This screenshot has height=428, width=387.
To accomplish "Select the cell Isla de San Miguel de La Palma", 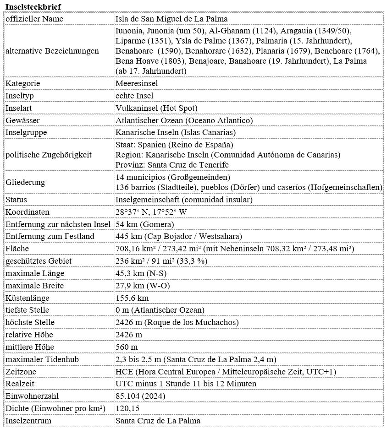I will coord(171,19).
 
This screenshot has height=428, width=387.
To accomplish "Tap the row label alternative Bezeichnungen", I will coord(52,51).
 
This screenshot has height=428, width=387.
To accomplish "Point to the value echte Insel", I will coord(134,96).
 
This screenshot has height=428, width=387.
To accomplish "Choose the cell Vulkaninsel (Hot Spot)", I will coord(156,108).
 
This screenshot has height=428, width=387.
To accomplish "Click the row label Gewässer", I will coord(23,120).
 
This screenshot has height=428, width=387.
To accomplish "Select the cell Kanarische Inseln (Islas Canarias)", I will coord(176,133).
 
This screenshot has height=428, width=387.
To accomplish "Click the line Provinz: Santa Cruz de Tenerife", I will coord(172,165).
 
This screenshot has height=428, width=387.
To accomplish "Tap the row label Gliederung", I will coord(25,182).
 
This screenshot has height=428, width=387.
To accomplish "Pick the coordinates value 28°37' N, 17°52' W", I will coord(151,212).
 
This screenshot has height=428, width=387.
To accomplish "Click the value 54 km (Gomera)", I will coord(144,224).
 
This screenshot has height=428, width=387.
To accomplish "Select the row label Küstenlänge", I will coord(27,298).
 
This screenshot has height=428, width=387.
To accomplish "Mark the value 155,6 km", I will coord(132,298).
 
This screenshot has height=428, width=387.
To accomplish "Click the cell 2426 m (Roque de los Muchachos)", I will coord(177,322).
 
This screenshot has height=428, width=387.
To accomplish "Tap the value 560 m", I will coord(127,347).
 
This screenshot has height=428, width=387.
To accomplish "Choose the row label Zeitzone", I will coord(21,372).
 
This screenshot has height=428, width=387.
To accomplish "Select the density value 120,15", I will coord(127,408).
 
